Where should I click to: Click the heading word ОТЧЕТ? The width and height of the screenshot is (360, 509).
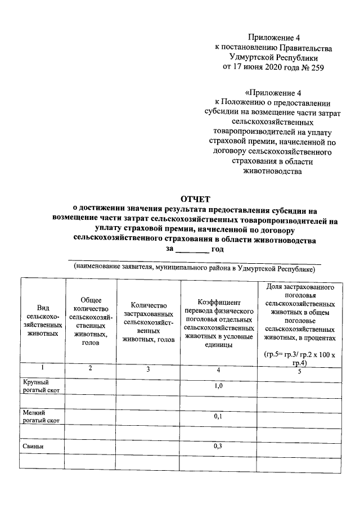click(194, 198)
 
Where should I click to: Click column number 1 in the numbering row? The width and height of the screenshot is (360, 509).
click(42, 368)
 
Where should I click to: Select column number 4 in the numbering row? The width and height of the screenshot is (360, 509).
click(218, 370)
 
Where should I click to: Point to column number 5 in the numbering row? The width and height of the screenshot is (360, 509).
click(299, 371)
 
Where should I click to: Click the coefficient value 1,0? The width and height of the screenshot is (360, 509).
click(219, 387)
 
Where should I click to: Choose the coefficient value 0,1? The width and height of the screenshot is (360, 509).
click(219, 417)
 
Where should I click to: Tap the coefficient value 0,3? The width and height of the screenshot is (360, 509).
click(219, 446)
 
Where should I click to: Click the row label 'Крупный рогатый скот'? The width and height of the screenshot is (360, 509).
click(41, 386)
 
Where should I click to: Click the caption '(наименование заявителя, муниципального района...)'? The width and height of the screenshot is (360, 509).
click(195, 268)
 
